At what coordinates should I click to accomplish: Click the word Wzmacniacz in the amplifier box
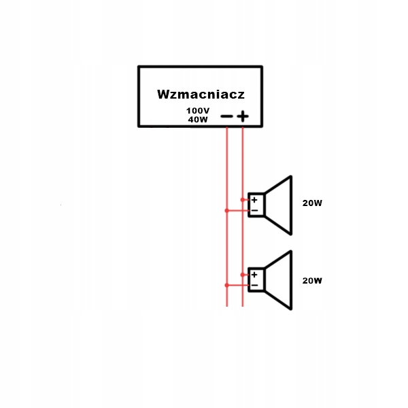click(x=201, y=94)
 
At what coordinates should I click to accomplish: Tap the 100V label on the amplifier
click(x=198, y=110)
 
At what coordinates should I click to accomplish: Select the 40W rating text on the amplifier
click(x=198, y=119)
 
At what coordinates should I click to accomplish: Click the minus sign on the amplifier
click(x=226, y=117)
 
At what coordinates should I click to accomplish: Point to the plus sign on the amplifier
click(x=243, y=117)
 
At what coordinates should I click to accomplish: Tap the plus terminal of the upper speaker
click(x=254, y=200)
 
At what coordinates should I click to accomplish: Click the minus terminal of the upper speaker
click(x=254, y=211)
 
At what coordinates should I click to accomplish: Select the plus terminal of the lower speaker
click(x=254, y=275)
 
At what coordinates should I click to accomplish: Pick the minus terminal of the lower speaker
click(x=254, y=286)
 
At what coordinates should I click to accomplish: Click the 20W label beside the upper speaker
click(x=311, y=203)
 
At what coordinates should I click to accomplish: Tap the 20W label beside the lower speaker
click(x=311, y=280)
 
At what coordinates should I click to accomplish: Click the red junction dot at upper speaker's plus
click(x=243, y=200)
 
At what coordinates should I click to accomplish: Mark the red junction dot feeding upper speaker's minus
click(x=226, y=211)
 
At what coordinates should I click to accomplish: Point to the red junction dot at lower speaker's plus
click(x=243, y=275)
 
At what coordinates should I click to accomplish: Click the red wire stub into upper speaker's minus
click(x=237, y=211)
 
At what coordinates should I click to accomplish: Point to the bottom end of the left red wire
click(x=226, y=305)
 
